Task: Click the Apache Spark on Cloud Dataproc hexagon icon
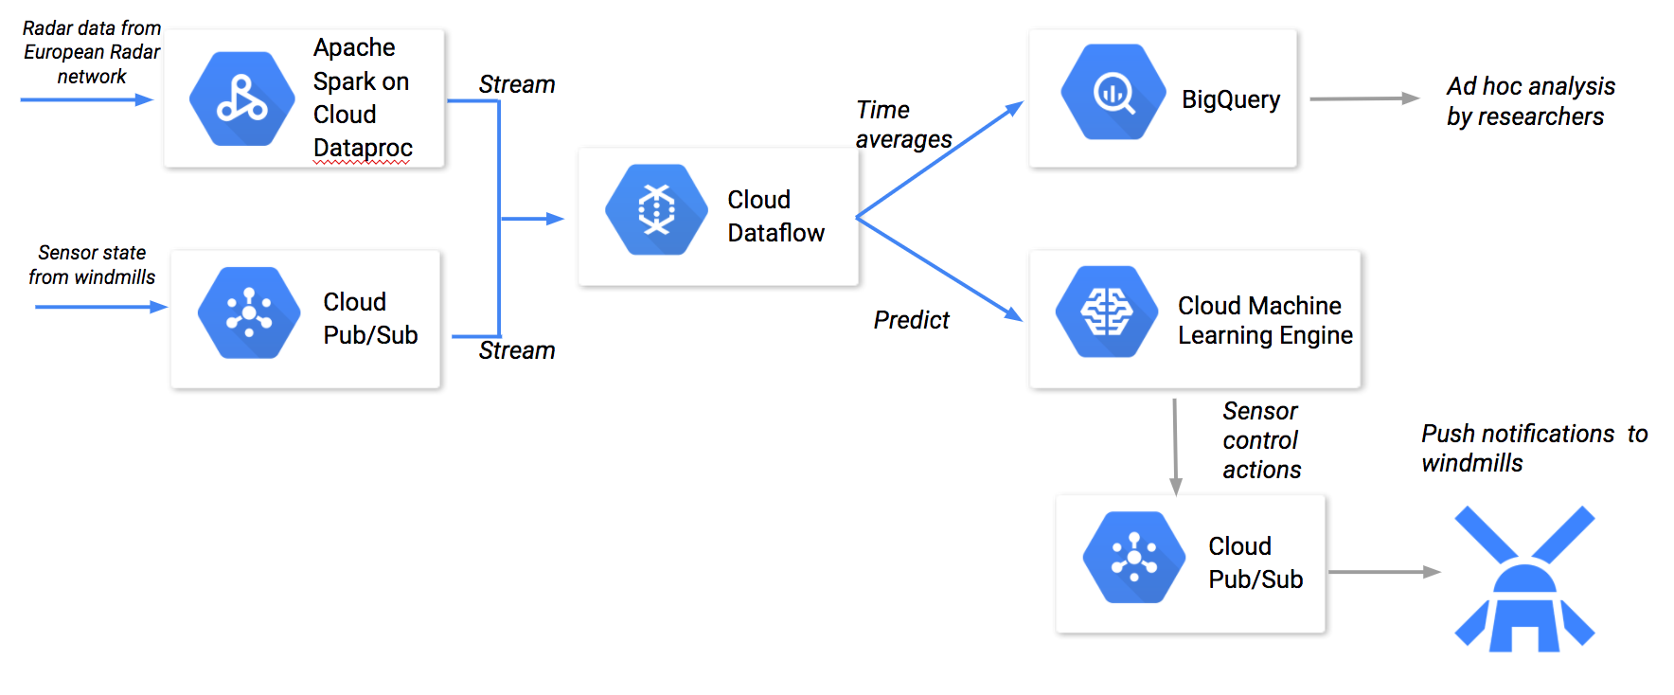tap(241, 99)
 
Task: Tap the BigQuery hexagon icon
tap(1113, 93)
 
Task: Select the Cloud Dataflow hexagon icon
tap(656, 209)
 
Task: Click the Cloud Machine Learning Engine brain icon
tap(1107, 312)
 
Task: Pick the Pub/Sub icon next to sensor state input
tap(249, 312)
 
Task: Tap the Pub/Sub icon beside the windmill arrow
tap(1134, 557)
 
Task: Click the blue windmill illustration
tap(1524, 579)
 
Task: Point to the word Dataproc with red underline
tap(363, 149)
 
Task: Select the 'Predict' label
tap(911, 320)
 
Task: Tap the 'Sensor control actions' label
tap(1261, 440)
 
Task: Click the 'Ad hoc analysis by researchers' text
tap(1529, 101)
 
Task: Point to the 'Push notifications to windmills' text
tap(1533, 448)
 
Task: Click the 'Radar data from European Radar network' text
tap(92, 52)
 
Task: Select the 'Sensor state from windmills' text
tap(92, 265)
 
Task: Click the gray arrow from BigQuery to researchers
tap(1363, 98)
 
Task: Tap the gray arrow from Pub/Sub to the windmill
tap(1383, 572)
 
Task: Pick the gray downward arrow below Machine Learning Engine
tap(1175, 445)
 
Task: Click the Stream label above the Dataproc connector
tap(516, 84)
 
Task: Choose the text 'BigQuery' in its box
tap(1230, 99)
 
